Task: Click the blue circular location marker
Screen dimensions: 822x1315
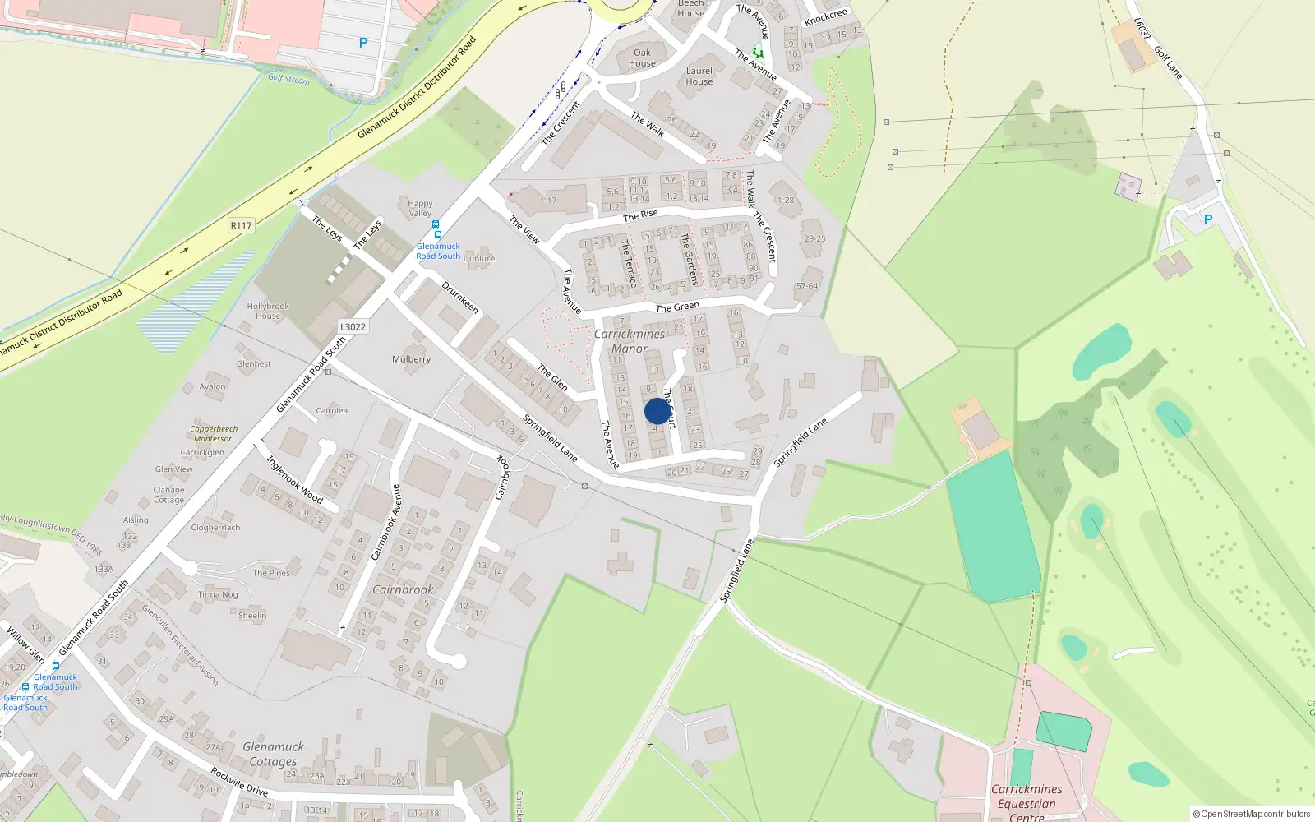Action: click(657, 411)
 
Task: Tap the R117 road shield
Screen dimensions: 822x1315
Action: click(241, 225)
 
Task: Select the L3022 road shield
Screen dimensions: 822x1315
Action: click(353, 327)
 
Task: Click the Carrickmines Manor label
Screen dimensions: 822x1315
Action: click(630, 341)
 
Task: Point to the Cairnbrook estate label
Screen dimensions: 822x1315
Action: click(403, 589)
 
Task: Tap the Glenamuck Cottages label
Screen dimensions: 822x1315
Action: click(273, 754)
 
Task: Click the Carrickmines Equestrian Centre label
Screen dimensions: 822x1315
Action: click(1027, 802)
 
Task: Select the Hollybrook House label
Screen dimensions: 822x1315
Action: click(268, 311)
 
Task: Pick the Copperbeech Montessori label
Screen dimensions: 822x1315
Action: click(214, 433)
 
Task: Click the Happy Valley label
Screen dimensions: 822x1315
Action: click(420, 208)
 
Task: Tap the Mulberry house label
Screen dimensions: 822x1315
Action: click(411, 359)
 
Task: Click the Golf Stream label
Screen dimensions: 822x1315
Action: click(288, 79)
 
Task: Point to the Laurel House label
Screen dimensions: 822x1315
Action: click(699, 76)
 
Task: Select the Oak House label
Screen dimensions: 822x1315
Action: click(642, 58)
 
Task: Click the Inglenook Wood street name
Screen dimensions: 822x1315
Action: click(294, 479)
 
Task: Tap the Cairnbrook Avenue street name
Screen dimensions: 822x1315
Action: click(385, 522)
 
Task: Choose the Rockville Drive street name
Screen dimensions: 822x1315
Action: click(239, 782)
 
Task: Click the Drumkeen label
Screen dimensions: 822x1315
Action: click(460, 297)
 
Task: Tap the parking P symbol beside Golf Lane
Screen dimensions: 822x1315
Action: click(1207, 219)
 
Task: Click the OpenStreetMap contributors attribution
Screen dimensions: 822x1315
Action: click(1251, 814)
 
